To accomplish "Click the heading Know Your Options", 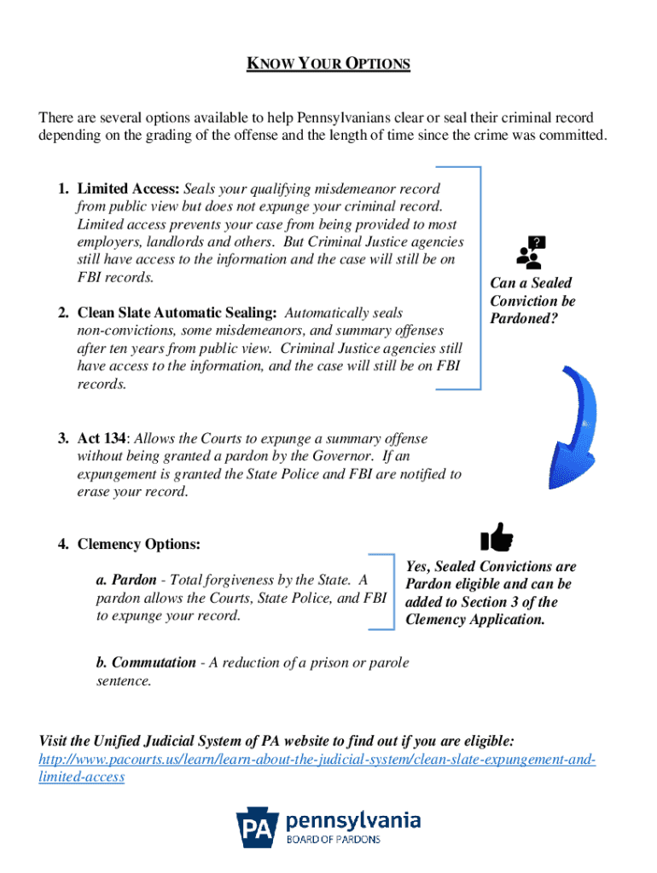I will click(x=328, y=64).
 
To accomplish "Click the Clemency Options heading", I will click(x=139, y=544).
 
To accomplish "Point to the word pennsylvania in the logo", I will click(x=353, y=820).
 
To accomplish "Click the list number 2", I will click(x=63, y=313).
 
